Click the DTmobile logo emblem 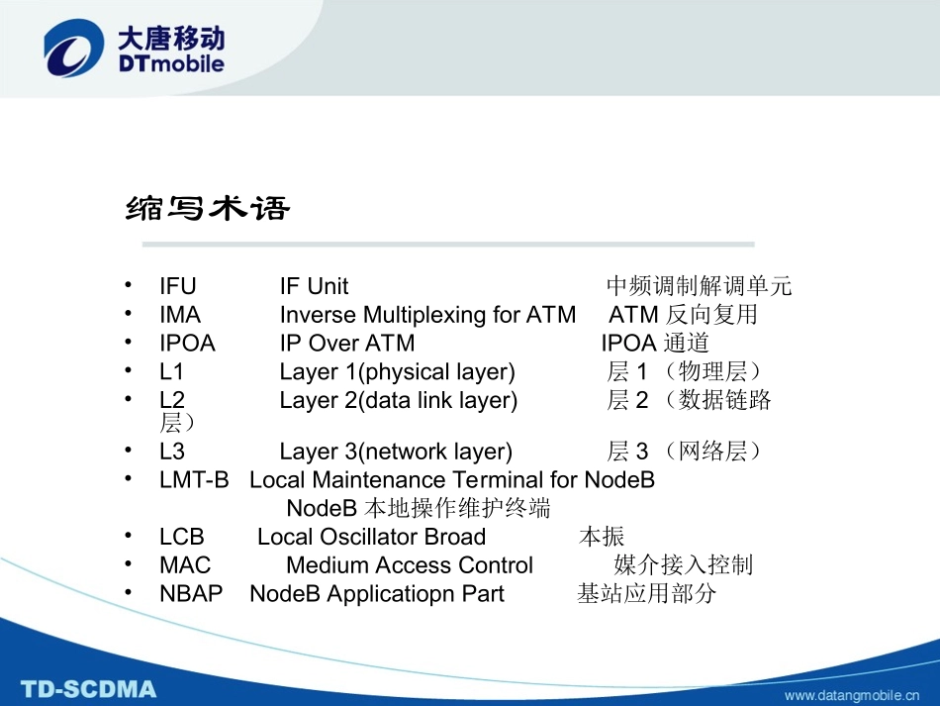point(73,50)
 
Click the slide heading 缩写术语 point(208,209)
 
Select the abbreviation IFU point(178,287)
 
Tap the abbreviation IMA point(180,315)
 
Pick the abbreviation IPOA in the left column point(187,344)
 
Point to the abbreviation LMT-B point(194,480)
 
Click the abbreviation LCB point(182,537)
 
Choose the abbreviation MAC point(185,565)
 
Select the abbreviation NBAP point(191,594)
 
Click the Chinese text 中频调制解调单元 point(699,287)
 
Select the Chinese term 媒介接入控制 point(683,565)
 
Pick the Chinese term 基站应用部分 point(646,594)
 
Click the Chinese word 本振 point(602,537)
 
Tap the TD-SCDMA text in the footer point(89,688)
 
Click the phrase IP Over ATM point(347,344)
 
